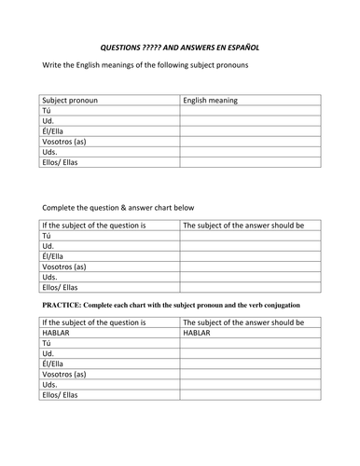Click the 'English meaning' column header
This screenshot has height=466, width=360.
point(211,100)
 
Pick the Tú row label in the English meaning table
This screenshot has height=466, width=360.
point(48,110)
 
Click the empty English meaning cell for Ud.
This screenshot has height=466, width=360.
point(250,121)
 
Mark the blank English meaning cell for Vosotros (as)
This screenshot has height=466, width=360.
point(250,144)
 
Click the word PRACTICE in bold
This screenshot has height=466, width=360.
point(62,306)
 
